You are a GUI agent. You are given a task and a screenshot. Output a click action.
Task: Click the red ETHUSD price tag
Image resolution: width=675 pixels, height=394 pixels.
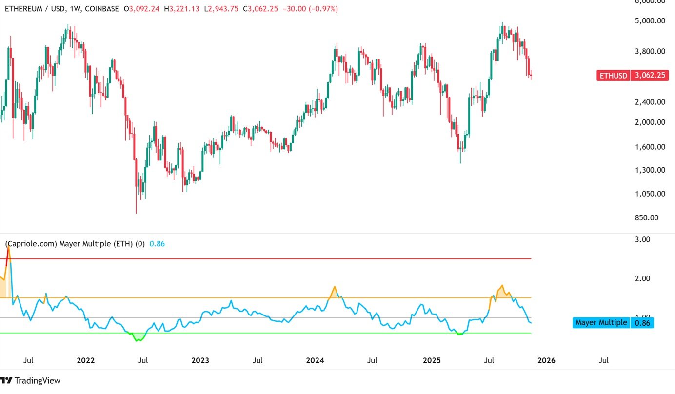[632, 75]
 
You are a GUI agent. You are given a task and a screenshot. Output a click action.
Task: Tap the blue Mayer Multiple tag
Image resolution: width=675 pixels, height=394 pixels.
[613, 323]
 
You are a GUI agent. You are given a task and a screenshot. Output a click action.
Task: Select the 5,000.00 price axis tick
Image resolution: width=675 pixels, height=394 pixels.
[650, 21]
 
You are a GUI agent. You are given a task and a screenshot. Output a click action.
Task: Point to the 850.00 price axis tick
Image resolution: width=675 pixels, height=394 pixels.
[646, 217]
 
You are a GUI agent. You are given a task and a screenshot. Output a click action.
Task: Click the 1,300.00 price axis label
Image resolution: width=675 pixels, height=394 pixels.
[650, 170]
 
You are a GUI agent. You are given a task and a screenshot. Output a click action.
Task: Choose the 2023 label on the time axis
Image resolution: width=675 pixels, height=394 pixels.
[200, 360]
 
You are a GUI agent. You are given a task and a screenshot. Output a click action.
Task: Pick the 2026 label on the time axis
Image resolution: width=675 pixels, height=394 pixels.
[546, 360]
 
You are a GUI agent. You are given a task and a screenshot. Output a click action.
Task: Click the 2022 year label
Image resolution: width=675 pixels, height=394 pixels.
[85, 360]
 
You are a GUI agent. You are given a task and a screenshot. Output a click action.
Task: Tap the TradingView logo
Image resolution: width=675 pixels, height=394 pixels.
[30, 381]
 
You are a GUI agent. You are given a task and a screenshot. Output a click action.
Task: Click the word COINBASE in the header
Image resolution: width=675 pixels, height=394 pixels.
[102, 9]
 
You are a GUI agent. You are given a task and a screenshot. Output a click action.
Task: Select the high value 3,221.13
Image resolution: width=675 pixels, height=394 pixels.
[184, 9]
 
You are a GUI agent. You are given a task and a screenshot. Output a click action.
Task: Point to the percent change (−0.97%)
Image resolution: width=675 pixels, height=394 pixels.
[323, 9]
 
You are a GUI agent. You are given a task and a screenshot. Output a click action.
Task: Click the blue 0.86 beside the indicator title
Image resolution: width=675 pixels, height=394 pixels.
[157, 244]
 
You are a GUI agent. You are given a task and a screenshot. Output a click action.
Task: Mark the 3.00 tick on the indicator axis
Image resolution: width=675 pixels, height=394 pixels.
[642, 239]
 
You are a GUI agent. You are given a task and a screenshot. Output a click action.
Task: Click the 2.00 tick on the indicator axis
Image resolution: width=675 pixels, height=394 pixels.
[642, 278]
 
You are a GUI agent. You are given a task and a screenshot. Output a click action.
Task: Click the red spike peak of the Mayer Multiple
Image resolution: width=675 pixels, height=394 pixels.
[8, 248]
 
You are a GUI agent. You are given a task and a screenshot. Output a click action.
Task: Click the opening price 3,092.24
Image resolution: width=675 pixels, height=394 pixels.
[144, 9]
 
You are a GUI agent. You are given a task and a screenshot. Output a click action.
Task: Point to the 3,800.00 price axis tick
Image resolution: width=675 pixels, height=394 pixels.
[650, 51]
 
